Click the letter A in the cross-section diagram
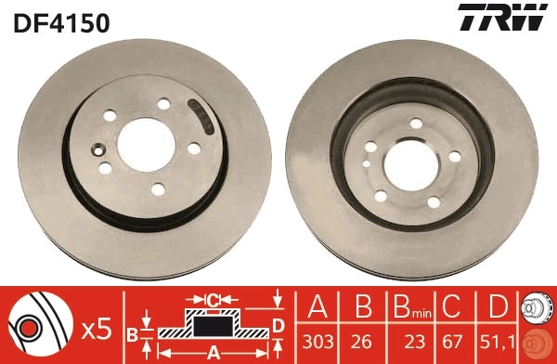[212, 352]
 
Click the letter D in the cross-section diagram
[278, 324]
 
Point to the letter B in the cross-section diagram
[134, 333]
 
